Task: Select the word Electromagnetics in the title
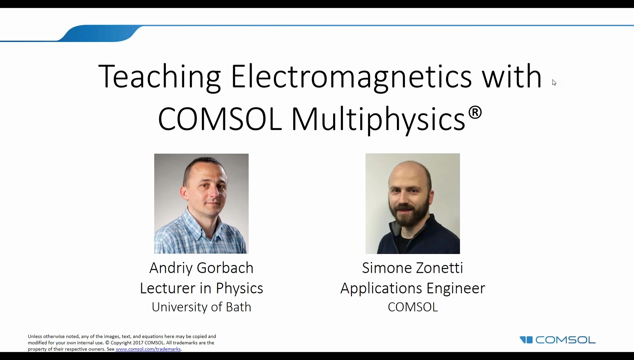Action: [351, 77]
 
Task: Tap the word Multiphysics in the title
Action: [378, 119]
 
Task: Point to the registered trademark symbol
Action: [475, 113]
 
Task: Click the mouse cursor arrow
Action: [554, 83]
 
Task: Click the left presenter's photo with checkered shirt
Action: [201, 203]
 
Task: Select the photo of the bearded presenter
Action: [412, 203]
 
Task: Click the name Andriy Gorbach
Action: [201, 268]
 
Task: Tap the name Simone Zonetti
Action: [412, 268]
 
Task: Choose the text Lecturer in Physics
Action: [201, 288]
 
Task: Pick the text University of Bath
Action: [201, 307]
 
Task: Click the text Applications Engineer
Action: [412, 288]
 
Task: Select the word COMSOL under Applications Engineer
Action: [412, 307]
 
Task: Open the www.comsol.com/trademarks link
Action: [148, 349]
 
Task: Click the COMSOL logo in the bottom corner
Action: [557, 340]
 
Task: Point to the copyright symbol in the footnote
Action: [107, 343]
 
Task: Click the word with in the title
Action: [511, 77]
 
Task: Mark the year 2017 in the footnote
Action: [138, 343]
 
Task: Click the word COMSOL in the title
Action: [220, 119]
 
